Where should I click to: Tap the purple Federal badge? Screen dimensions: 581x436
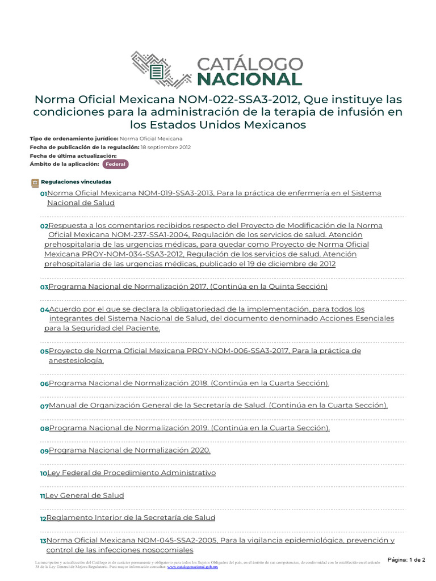point(115,164)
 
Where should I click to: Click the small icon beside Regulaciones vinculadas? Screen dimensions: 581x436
point(34,183)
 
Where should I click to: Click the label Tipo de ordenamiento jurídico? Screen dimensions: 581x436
point(74,138)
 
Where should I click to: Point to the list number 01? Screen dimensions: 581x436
point(43,194)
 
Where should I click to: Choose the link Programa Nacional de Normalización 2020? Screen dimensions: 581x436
point(129,450)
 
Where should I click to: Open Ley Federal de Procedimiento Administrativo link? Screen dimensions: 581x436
point(131,473)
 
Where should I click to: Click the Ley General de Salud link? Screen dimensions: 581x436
point(85,495)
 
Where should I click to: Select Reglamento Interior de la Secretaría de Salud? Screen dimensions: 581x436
point(131,518)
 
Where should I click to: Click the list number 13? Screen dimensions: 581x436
point(43,541)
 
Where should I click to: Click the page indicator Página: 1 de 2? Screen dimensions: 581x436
point(406,559)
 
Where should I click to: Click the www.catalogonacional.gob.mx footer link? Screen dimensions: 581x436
point(192,566)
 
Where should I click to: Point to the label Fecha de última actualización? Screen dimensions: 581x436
point(73,155)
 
